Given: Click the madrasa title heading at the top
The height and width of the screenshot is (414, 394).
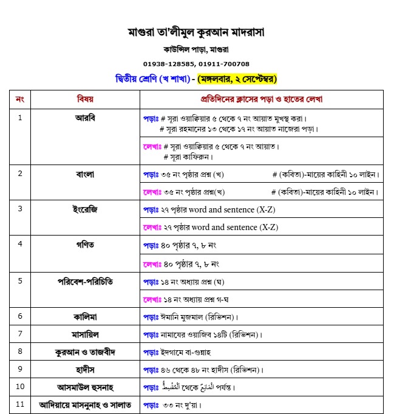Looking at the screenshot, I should [x=196, y=31].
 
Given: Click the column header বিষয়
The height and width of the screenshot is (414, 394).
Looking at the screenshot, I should [x=85, y=98].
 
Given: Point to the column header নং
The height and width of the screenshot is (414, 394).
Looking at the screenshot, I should [x=19, y=98].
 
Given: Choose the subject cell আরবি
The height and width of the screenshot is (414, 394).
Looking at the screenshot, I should [x=85, y=118].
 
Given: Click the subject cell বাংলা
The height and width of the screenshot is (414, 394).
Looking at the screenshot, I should [x=85, y=174].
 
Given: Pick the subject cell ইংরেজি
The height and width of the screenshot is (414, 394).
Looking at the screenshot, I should [x=85, y=209].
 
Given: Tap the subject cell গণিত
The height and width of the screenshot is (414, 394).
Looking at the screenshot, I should [x=85, y=245].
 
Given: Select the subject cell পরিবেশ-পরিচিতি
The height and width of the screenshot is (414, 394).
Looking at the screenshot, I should [x=85, y=281].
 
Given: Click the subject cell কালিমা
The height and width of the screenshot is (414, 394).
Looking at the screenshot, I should [x=85, y=316].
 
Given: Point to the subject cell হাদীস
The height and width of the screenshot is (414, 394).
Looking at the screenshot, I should [x=85, y=369].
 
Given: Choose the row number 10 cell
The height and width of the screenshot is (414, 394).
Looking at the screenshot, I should [x=19, y=387].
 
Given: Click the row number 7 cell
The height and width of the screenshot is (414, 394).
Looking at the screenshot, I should [x=19, y=334].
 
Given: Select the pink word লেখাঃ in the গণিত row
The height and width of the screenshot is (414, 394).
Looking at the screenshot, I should [x=152, y=263].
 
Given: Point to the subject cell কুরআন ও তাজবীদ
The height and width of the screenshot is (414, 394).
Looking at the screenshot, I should [x=85, y=351].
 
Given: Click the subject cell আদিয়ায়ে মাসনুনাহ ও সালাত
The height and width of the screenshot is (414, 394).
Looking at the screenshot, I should [x=85, y=404].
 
